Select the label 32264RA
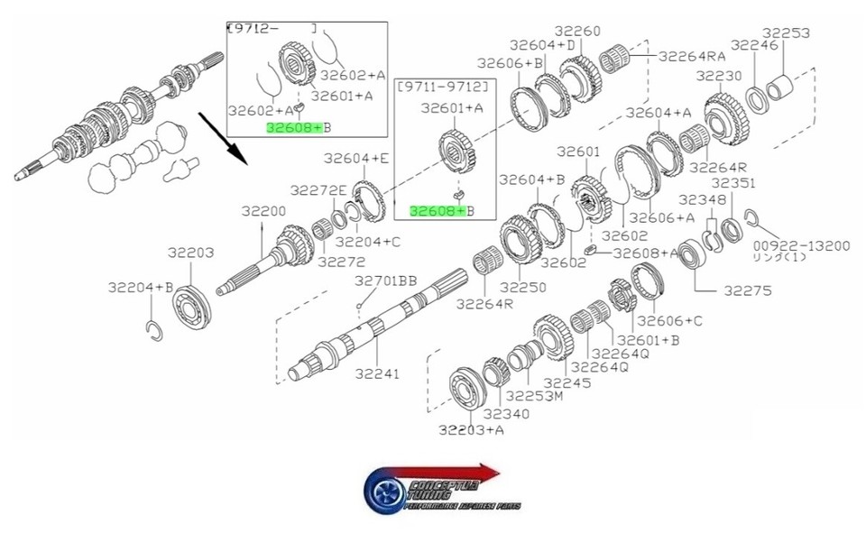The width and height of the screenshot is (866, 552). (692, 55)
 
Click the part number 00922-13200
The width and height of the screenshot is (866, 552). (802, 244)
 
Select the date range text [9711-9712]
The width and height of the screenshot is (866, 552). (446, 86)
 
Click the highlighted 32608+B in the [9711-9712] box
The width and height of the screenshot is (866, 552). (438, 211)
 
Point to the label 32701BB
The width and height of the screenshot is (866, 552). (385, 281)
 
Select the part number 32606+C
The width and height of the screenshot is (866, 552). (669, 320)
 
